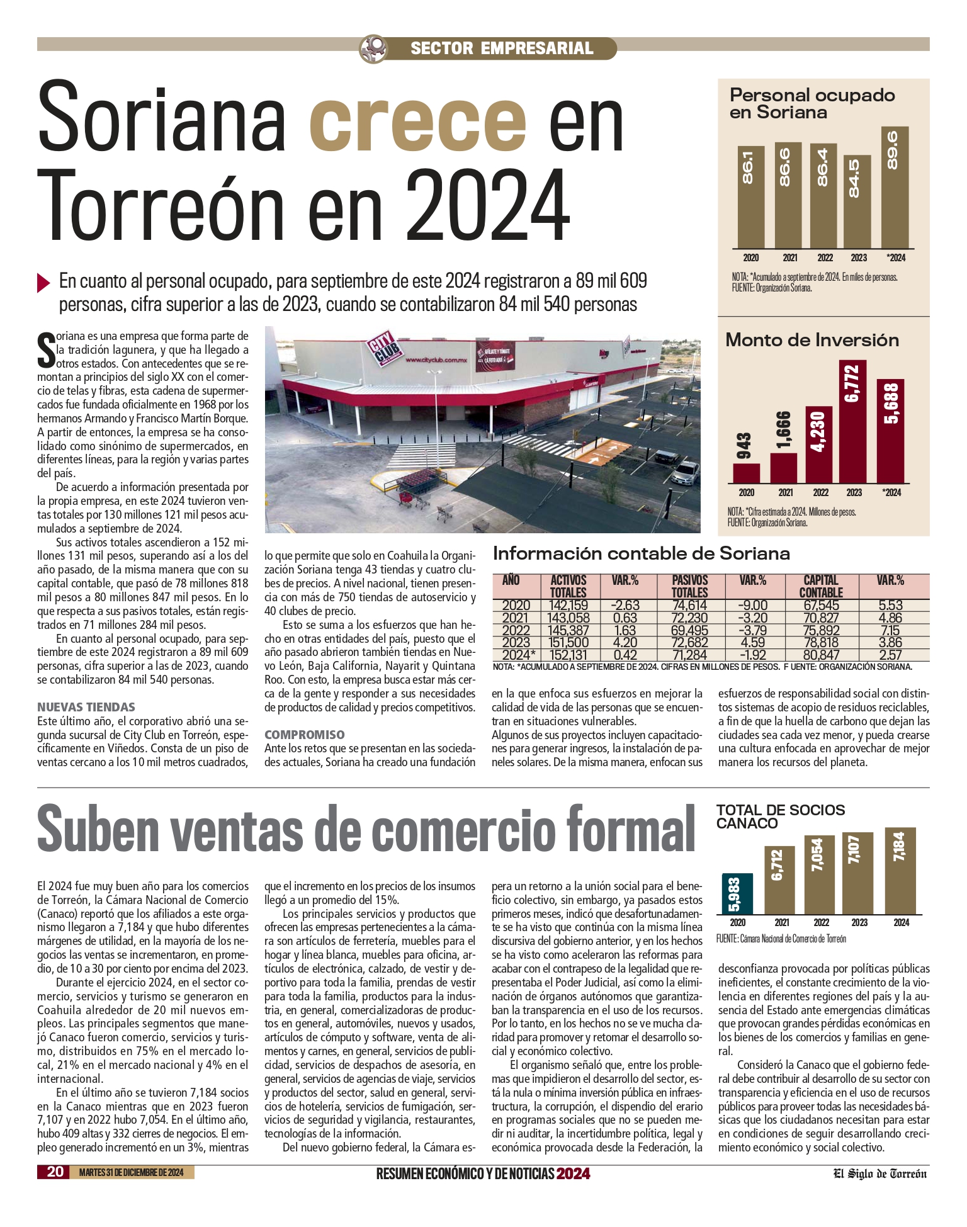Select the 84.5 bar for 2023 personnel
857,201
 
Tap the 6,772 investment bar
853,422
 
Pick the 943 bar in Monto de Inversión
746,473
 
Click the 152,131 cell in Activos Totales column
568,655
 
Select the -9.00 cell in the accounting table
752,606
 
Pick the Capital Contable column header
821,586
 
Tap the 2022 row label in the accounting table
516,630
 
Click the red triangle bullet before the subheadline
43,282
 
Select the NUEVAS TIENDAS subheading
86,707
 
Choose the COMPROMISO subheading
305,735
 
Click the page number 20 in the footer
55,1172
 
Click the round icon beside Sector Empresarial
373,48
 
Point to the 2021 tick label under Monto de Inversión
786,492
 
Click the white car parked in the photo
686,472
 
